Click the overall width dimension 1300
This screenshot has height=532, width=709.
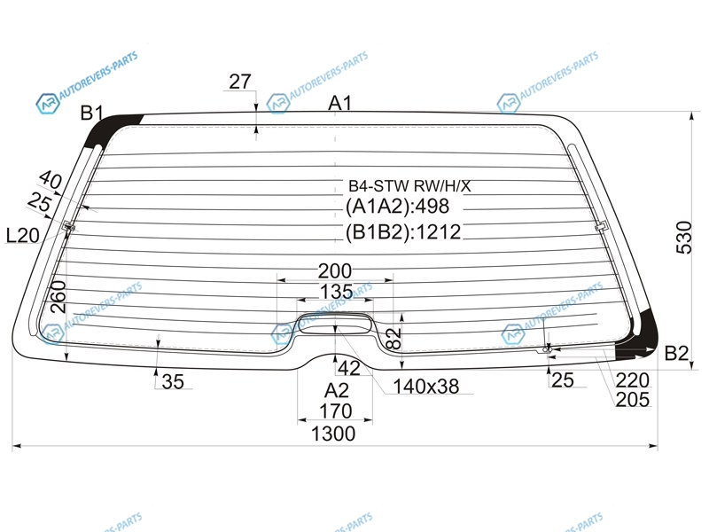[x=333, y=434]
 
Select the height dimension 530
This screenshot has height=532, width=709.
[x=684, y=238]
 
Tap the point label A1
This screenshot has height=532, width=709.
[x=339, y=103]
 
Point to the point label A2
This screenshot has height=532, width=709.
[x=337, y=390]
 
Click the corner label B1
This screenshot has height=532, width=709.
[x=92, y=113]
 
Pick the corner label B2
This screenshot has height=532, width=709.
[x=676, y=353]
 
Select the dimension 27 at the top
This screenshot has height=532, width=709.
[x=239, y=82]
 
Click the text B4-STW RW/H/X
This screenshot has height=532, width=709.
[x=409, y=185]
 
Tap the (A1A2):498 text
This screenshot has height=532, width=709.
[x=397, y=207]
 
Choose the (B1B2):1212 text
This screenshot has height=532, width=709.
[x=403, y=232]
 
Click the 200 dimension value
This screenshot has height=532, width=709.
[x=335, y=271]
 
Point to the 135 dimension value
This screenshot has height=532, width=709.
[x=337, y=292]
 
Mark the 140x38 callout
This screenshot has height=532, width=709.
[x=426, y=387]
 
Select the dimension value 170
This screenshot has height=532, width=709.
[x=335, y=411]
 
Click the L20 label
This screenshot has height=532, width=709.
[x=23, y=235]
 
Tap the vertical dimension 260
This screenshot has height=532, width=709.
[x=58, y=297]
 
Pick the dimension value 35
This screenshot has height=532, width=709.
[x=173, y=382]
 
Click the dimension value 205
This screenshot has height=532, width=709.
[x=632, y=400]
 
